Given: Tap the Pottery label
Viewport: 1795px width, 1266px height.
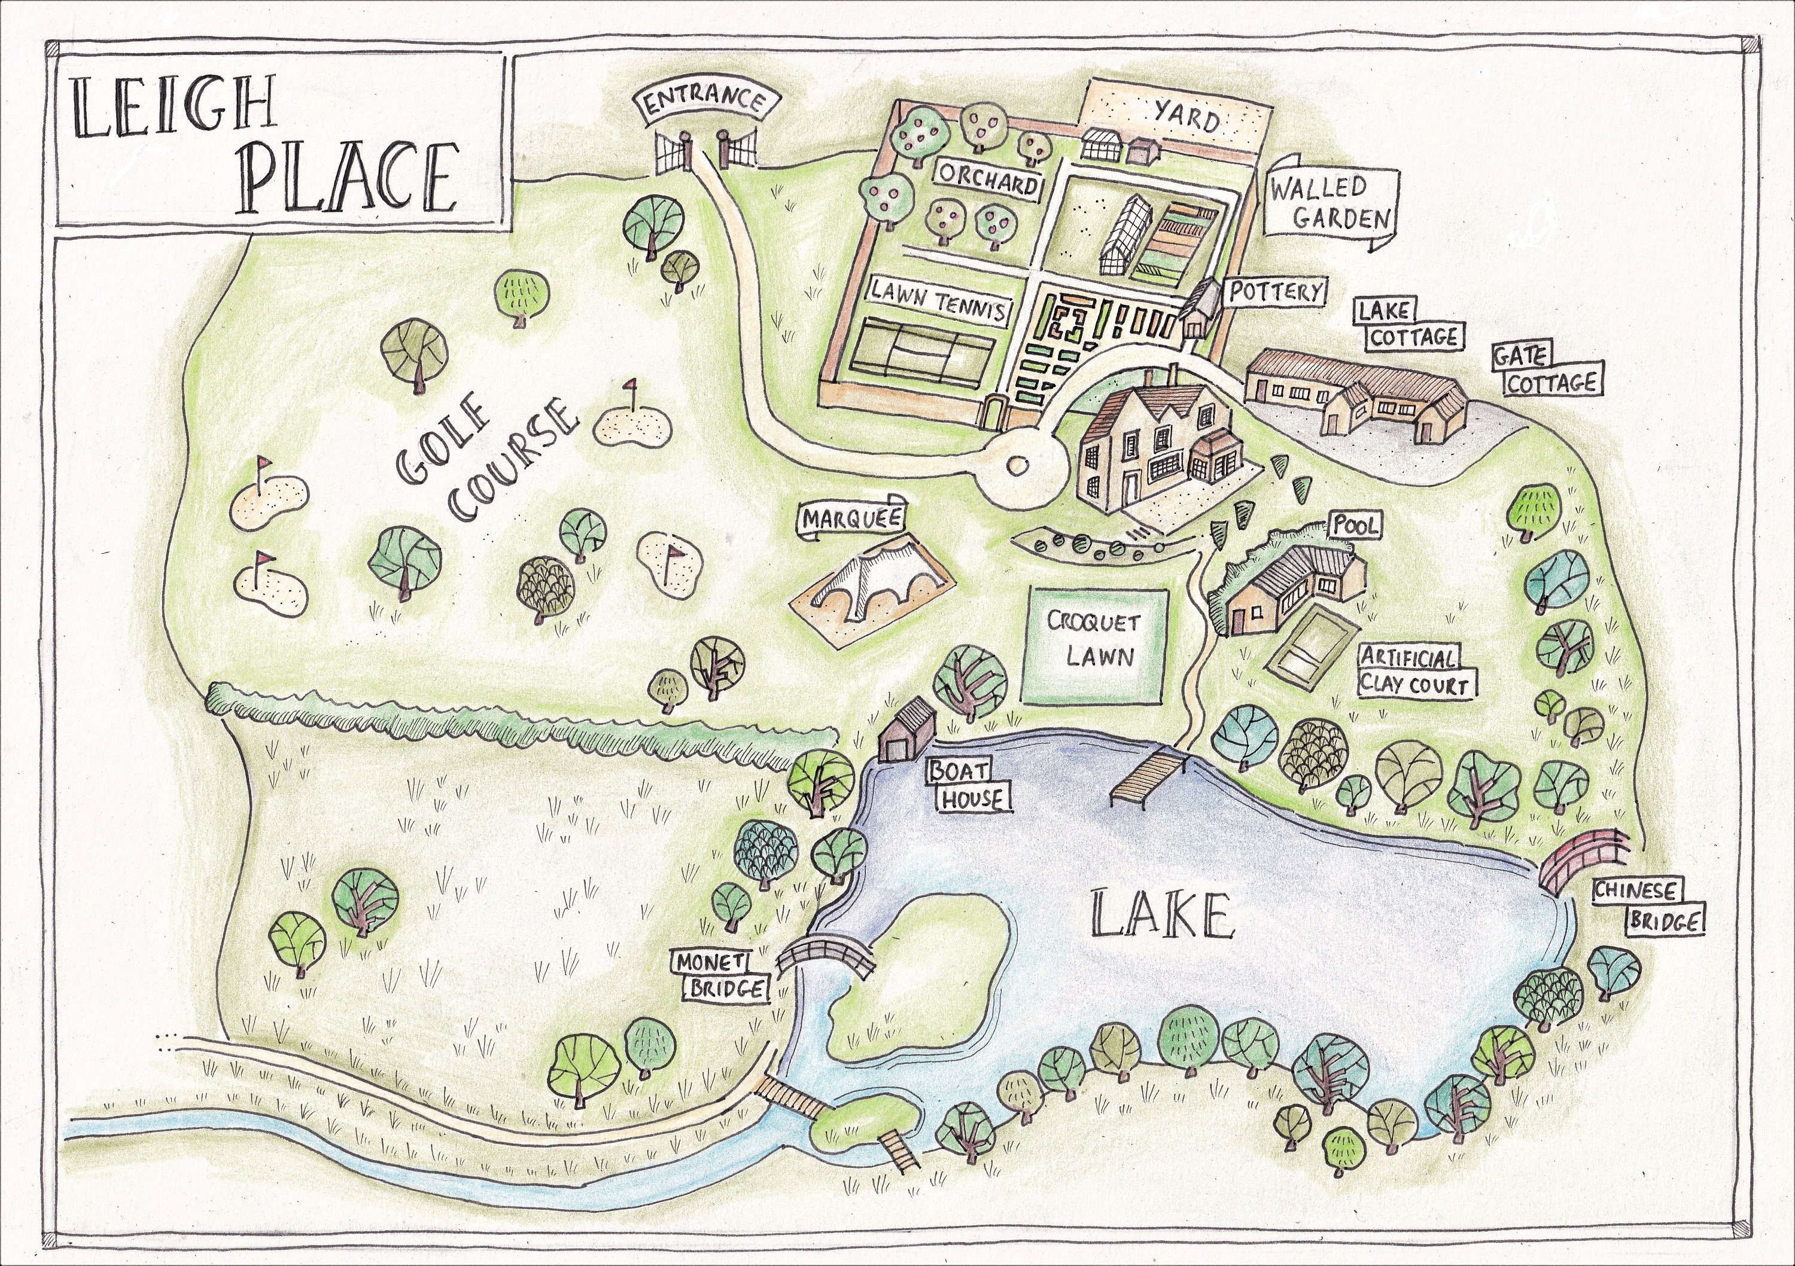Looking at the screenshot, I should coord(1275,292).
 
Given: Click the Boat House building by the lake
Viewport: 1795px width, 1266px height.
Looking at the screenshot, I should coord(907,731).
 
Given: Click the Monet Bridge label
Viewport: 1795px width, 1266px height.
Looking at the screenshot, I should coord(720,975).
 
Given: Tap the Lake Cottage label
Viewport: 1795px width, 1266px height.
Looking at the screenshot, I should coord(1408,324).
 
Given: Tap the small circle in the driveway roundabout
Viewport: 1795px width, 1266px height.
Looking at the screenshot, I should coord(1018,465).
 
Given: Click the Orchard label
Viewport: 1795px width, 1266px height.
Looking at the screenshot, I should coord(988,182).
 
